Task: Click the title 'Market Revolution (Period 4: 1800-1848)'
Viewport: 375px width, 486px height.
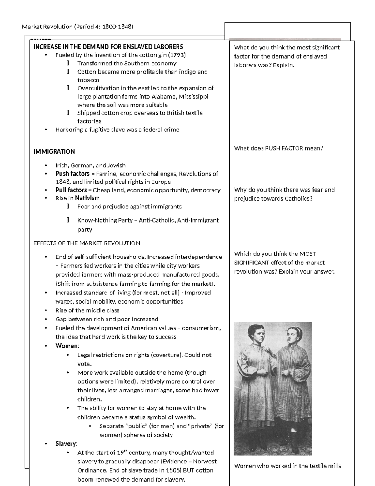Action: (77, 27)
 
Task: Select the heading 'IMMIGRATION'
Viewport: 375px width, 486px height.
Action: (54, 151)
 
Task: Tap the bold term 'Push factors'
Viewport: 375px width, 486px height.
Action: (72, 174)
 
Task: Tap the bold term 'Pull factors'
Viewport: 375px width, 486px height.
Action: (71, 190)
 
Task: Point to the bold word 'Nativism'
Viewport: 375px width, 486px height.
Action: (87, 198)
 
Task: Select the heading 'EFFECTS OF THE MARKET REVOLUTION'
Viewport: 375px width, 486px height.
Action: (87, 243)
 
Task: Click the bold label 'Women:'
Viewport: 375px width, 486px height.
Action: (67, 346)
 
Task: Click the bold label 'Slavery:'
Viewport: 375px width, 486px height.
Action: (66, 444)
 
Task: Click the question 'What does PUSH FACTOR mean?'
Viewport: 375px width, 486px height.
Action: (278, 148)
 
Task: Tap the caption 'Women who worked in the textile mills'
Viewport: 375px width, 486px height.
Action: (287, 466)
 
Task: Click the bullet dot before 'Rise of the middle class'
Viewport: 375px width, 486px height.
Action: (46, 310)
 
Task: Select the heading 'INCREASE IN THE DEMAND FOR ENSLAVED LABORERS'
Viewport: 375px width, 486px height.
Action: (108, 47)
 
